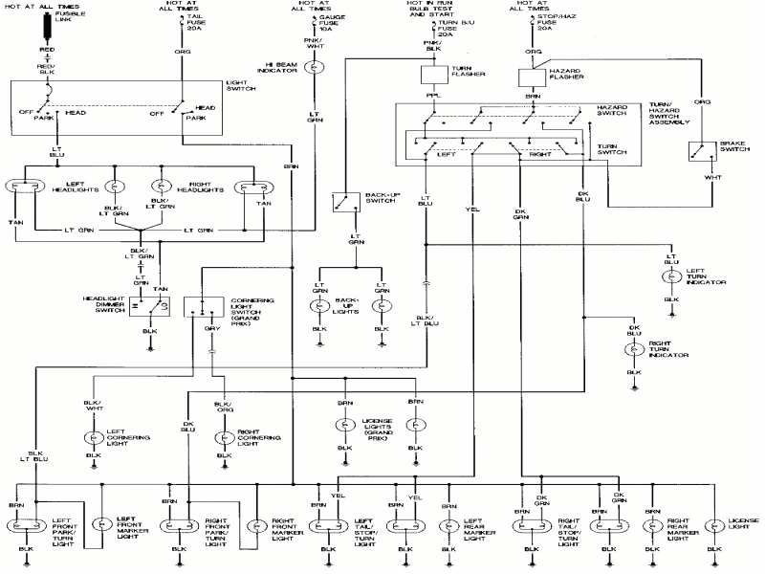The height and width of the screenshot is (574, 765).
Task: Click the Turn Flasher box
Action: coord(436,75)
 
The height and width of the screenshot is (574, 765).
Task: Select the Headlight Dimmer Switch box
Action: coord(150,307)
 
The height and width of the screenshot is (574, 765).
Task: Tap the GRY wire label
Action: coord(212,328)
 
